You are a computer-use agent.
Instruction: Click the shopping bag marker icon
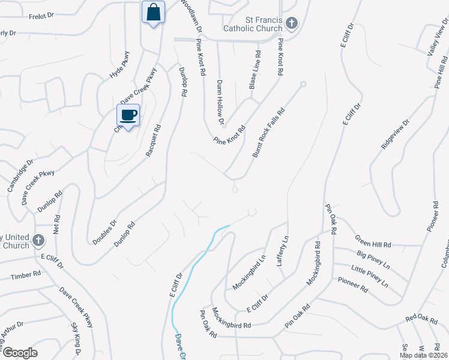click(154, 12)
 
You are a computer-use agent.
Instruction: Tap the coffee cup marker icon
click(128, 115)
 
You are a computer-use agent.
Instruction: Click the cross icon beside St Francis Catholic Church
click(292, 23)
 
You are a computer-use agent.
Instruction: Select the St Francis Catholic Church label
click(252, 23)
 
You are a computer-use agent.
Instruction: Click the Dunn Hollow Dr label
click(220, 103)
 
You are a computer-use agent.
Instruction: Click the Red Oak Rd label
click(421, 318)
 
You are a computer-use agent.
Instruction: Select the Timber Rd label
click(26, 275)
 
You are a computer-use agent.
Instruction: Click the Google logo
click(19, 353)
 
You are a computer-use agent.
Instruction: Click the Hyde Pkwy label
click(119, 65)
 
